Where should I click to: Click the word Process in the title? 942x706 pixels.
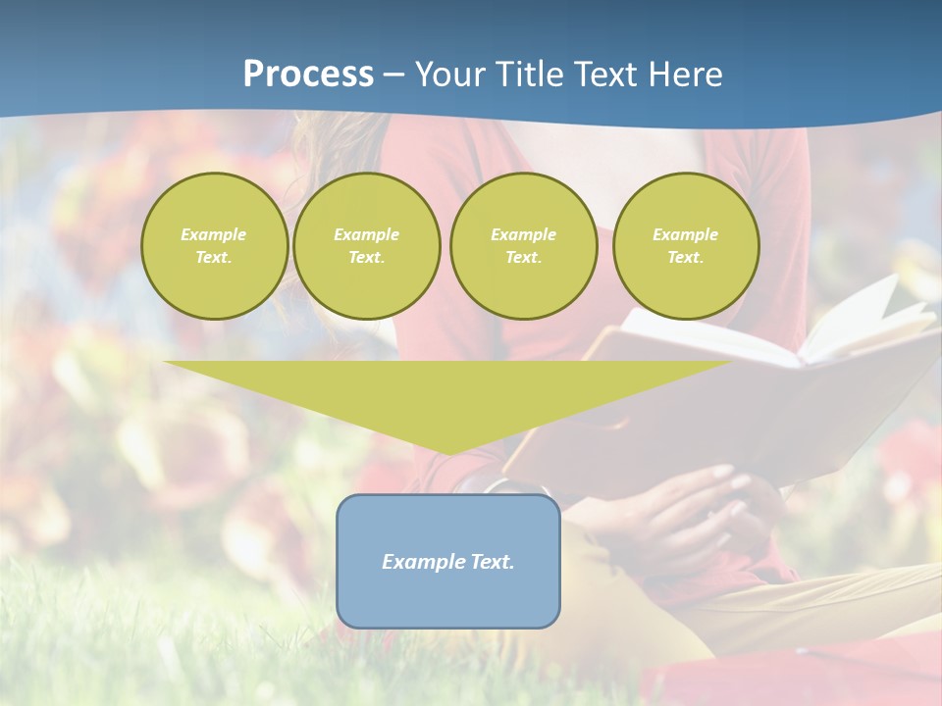(x=308, y=75)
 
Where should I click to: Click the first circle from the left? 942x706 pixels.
(x=214, y=246)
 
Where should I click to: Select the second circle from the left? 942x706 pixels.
(x=367, y=246)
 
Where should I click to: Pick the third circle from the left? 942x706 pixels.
(x=524, y=246)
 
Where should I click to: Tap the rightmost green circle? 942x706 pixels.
(x=686, y=246)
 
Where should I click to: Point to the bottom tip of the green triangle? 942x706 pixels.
(x=448, y=454)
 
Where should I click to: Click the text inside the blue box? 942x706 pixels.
(x=448, y=562)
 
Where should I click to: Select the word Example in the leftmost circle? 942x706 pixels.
(x=214, y=234)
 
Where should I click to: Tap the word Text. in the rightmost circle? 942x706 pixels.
(x=686, y=258)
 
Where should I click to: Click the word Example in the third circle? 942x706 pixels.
(x=524, y=234)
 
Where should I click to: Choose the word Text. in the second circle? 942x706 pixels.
(x=367, y=258)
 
